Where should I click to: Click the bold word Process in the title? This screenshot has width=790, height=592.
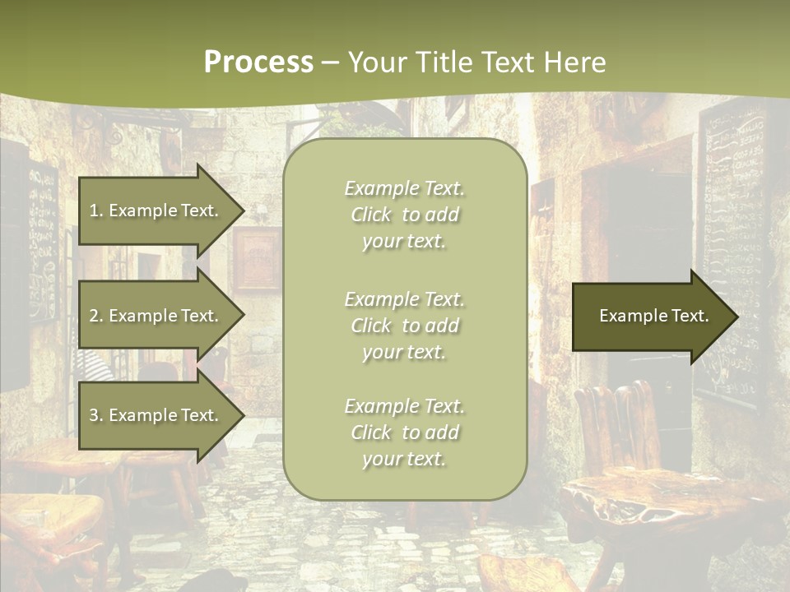tap(258, 62)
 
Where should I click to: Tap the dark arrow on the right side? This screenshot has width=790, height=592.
tap(650, 317)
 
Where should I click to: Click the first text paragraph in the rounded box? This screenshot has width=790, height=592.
tap(404, 215)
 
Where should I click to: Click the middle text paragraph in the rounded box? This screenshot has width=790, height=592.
tap(404, 326)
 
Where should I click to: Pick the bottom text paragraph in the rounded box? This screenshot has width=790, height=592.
tap(404, 432)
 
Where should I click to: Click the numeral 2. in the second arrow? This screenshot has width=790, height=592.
tap(96, 316)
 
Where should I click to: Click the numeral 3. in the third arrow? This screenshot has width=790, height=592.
tap(96, 415)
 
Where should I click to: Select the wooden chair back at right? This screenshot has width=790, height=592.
tap(617, 428)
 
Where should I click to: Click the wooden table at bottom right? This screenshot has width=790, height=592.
tap(658, 502)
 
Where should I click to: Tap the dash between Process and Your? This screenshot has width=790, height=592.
tap(330, 62)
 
